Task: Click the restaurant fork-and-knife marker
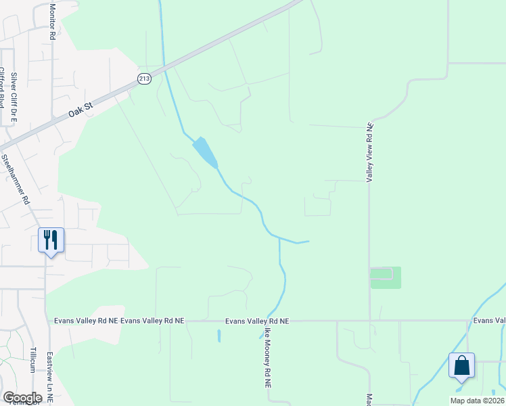click(x=51, y=240)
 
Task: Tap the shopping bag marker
click(x=461, y=365)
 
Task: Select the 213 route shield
click(x=144, y=78)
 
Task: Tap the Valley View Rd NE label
click(x=369, y=152)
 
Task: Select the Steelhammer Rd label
click(x=16, y=179)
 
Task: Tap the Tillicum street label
click(x=32, y=360)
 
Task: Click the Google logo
click(x=22, y=397)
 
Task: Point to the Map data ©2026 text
click(x=477, y=401)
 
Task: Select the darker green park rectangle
click(x=386, y=277)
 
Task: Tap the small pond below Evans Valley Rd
click(x=219, y=336)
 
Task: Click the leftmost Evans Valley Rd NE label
click(x=85, y=321)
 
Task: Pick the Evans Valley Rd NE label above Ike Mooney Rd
click(x=257, y=321)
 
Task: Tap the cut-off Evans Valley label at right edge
click(x=489, y=321)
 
